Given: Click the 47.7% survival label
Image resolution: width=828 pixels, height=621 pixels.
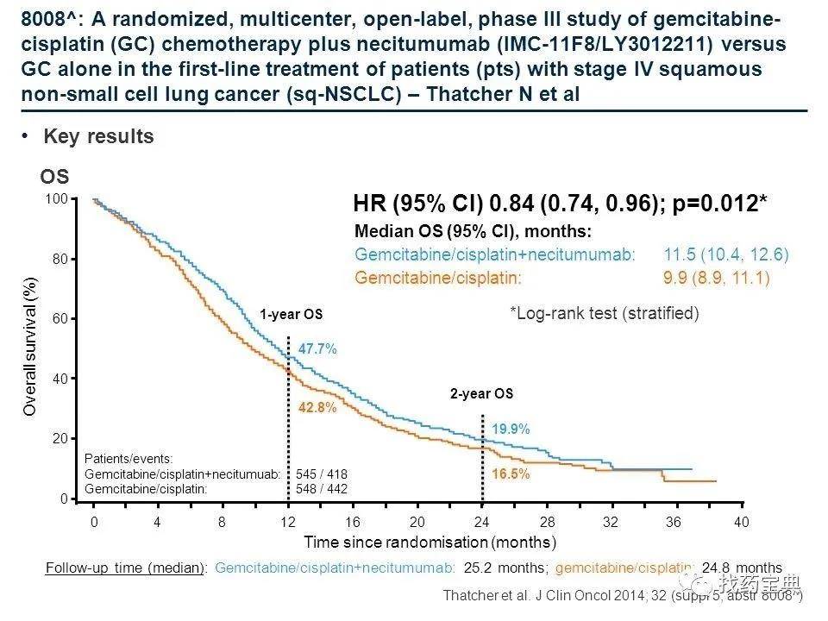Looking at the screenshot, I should [x=317, y=349].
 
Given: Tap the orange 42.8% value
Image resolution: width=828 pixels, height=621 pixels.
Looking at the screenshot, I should [x=317, y=408].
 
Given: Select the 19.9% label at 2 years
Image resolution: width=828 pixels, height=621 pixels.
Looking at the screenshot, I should [x=511, y=429].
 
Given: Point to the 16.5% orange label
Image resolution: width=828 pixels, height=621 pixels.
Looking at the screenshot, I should [x=511, y=474].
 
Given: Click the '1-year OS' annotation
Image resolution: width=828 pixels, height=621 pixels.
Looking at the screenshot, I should [x=291, y=315].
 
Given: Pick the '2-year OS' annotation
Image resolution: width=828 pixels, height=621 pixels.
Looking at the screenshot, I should [x=481, y=394].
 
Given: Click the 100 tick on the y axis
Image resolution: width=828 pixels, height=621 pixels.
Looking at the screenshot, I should [x=56, y=199].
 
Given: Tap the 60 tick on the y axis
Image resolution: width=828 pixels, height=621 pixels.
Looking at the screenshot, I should [x=60, y=319].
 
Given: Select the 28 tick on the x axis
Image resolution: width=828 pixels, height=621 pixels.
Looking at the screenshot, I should [x=547, y=523].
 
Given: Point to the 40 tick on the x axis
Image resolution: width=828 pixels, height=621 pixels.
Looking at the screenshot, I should [x=741, y=523].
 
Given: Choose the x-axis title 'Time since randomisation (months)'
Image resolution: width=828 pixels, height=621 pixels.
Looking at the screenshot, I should [x=430, y=543].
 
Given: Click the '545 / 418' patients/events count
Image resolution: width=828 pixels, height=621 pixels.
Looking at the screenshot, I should [x=321, y=474].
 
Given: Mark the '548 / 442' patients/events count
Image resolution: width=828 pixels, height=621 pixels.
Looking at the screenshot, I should [x=321, y=488].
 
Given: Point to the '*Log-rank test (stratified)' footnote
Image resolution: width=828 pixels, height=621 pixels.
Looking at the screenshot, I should [x=604, y=313].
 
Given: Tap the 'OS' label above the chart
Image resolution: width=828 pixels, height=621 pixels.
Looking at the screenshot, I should [x=54, y=178].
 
